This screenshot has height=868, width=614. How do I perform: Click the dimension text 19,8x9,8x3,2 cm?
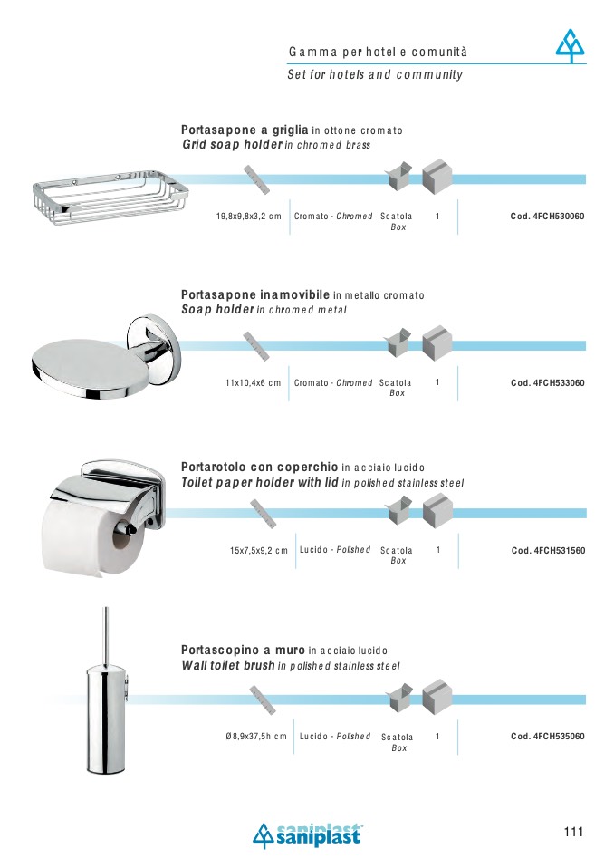248,217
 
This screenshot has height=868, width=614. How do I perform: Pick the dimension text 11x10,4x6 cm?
253,383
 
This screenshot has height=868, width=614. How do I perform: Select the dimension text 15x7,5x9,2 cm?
259,551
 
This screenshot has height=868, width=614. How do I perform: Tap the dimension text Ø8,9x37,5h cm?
256,737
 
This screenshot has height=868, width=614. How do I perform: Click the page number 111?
573,832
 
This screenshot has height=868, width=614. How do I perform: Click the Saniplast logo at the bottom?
308,835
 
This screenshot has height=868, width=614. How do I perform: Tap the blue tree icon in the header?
571,46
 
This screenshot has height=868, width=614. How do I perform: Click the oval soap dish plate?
91,368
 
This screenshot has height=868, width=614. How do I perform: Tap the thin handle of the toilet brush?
106,637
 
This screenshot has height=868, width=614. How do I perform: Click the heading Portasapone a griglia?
245,130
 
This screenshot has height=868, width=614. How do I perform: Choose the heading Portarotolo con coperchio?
259,468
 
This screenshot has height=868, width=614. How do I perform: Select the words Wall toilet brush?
228,665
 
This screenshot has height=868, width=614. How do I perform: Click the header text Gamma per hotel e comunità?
378,52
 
